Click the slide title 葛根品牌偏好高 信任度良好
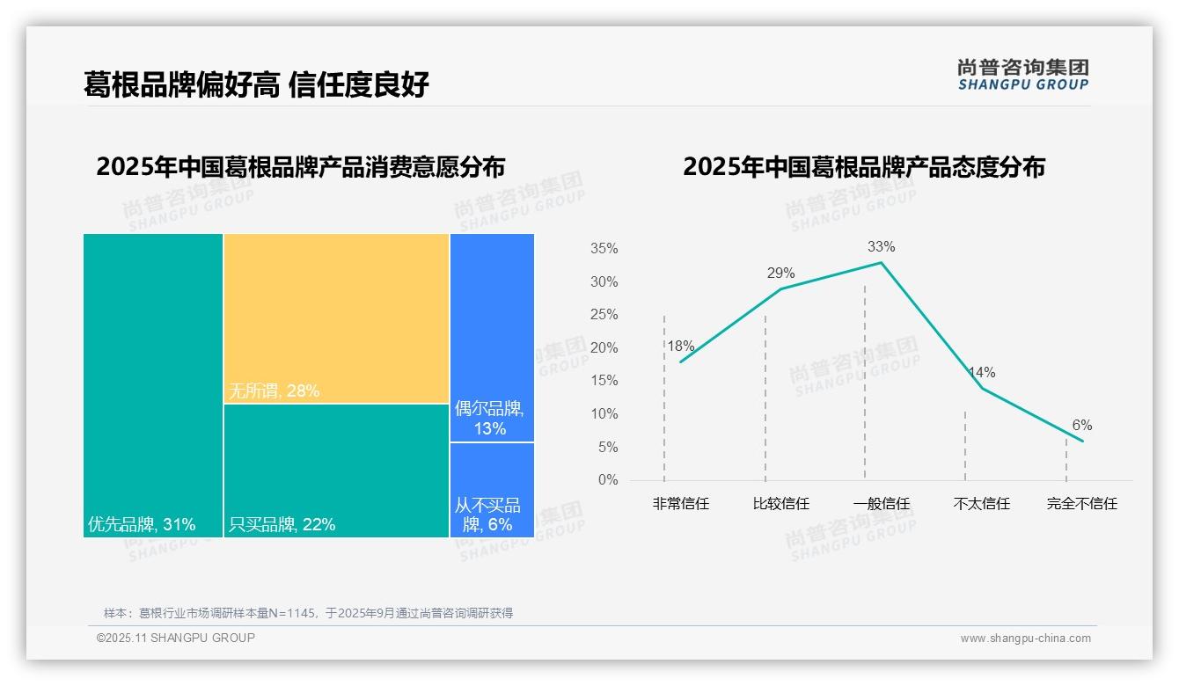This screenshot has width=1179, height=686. tap(256, 85)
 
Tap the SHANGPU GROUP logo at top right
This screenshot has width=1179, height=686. tap(1022, 75)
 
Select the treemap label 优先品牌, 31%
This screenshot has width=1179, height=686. tap(142, 525)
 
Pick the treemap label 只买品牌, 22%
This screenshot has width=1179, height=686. tap(282, 525)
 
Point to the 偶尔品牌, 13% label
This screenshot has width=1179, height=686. tap(490, 419)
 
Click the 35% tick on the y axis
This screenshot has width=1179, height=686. tap(604, 249)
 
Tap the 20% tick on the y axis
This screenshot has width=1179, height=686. tap(604, 348)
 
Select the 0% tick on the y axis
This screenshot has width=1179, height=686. tap(607, 480)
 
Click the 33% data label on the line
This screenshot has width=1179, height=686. tap(881, 246)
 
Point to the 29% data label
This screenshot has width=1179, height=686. tap(780, 274)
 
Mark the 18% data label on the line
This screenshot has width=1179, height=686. tap(680, 347)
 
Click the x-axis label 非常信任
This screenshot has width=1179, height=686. tap(680, 504)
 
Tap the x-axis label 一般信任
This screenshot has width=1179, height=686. tap(881, 504)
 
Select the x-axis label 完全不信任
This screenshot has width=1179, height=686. tap(1081, 504)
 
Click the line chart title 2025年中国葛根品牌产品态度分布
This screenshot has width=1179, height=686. tap(863, 167)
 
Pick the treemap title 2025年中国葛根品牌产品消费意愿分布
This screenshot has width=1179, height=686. tap(300, 167)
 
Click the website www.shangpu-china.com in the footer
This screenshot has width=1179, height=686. tap(1025, 639)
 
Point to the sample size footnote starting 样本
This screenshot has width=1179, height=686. tap(308, 613)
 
